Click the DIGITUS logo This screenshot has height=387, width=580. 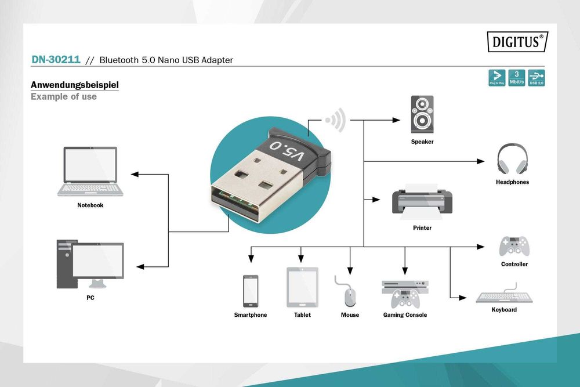517,42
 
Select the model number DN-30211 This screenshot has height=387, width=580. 56,60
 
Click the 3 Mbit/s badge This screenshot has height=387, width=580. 516,78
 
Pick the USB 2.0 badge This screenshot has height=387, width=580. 536,78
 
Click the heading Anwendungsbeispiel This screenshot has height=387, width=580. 75,85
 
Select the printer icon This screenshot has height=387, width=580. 422,201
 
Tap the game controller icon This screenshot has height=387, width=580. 514,245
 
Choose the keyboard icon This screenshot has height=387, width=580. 503,295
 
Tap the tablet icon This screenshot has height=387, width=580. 302,287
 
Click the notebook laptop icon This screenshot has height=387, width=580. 90,172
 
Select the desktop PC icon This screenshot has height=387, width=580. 90,265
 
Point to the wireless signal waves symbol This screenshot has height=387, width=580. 335,120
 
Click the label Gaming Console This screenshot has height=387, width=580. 405,315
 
